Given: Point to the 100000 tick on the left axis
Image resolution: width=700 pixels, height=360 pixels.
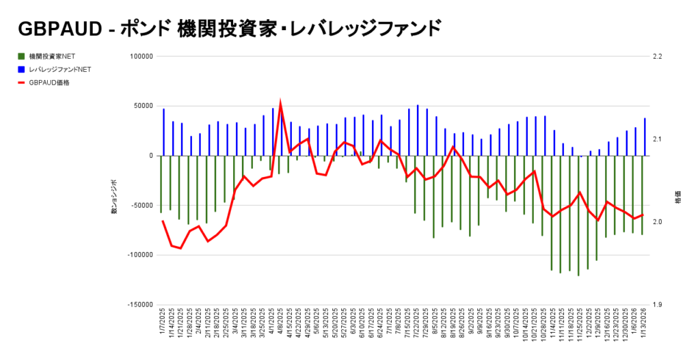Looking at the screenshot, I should tap(139, 57).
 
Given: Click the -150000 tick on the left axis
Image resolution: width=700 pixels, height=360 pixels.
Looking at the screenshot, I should tap(138, 305).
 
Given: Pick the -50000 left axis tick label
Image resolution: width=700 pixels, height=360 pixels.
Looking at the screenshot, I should tap(139, 206).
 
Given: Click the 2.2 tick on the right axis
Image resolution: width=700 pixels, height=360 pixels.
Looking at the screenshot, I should tap(659, 57).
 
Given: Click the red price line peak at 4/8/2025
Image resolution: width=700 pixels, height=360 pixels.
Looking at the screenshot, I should tap(280, 103).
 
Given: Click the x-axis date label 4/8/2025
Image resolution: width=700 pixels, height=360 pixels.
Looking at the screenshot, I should tap(282, 328).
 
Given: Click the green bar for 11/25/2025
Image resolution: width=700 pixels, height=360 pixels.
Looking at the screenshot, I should tap(578, 215).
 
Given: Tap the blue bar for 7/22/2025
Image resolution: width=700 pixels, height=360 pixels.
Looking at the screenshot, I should tap(418, 130).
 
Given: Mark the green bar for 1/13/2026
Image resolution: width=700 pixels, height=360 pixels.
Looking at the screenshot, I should tap(642, 195).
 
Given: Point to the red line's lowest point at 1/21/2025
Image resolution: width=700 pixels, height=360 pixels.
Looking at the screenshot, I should tap(180, 248).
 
